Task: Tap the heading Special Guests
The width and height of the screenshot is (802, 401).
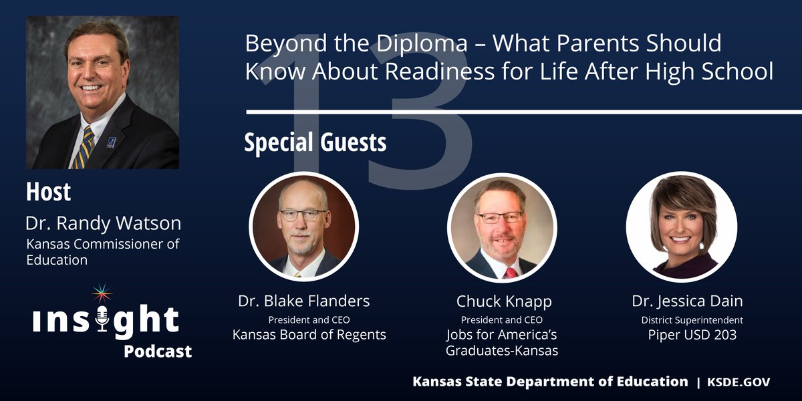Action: [315, 142]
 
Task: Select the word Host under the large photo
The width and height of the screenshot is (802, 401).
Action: [48, 192]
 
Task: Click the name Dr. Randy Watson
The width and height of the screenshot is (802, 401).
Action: [104, 223]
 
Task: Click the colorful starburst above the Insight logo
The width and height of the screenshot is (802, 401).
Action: [102, 295]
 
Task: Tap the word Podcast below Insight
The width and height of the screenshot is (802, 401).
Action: [158, 351]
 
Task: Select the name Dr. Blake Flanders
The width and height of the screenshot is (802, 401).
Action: [303, 301]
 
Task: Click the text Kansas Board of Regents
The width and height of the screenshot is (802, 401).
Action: [309, 334]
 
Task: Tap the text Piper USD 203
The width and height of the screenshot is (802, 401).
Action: [692, 334]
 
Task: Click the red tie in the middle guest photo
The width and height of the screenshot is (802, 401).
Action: [511, 272]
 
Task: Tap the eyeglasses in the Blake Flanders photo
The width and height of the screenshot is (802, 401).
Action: [303, 215]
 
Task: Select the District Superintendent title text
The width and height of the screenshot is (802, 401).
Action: [692, 319]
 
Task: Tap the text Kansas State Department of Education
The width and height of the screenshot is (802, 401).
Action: [550, 382]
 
